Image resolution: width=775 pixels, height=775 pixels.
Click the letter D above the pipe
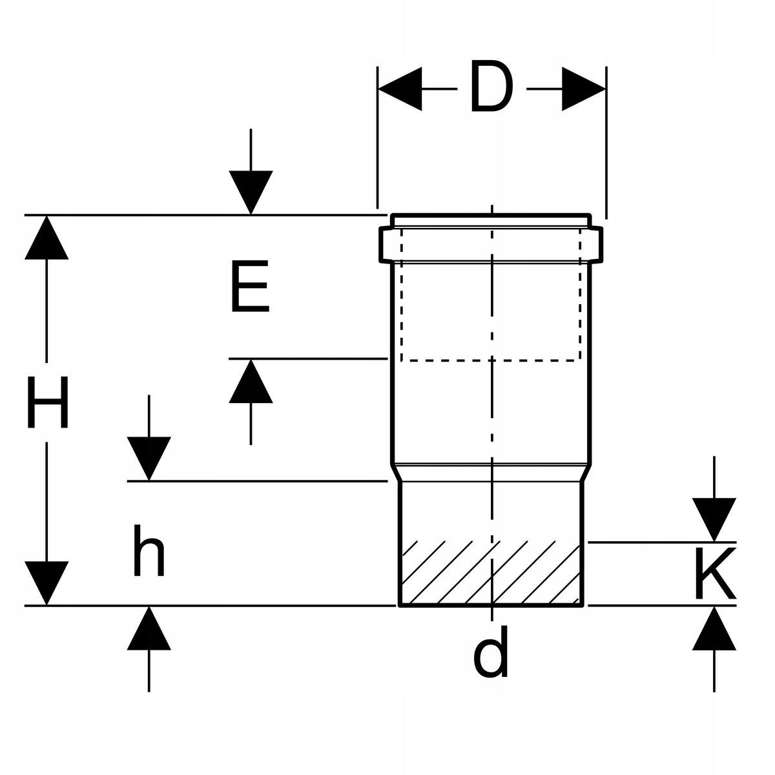point(492,86)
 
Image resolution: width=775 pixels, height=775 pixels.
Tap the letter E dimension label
point(250,286)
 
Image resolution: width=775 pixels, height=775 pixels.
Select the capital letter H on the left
point(47,402)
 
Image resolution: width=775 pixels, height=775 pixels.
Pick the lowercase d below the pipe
point(490,652)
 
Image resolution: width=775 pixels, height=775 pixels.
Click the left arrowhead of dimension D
point(400,89)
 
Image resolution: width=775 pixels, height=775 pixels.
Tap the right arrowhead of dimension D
point(584,89)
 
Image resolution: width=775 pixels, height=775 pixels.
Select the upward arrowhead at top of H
point(46,238)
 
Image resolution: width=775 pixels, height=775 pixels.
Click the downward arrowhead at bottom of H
point(46,583)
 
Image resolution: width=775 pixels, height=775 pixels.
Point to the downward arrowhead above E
point(251,192)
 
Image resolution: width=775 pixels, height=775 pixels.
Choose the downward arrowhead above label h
point(149,459)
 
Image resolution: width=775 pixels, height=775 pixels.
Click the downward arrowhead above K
point(714,520)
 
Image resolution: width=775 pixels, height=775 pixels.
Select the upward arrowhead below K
point(714,628)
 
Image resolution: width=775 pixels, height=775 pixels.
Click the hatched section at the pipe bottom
point(491,573)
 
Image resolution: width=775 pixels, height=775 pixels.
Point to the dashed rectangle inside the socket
point(491,294)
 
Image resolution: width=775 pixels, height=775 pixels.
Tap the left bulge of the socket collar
point(386,245)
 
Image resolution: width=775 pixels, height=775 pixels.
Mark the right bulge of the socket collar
point(597,245)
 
